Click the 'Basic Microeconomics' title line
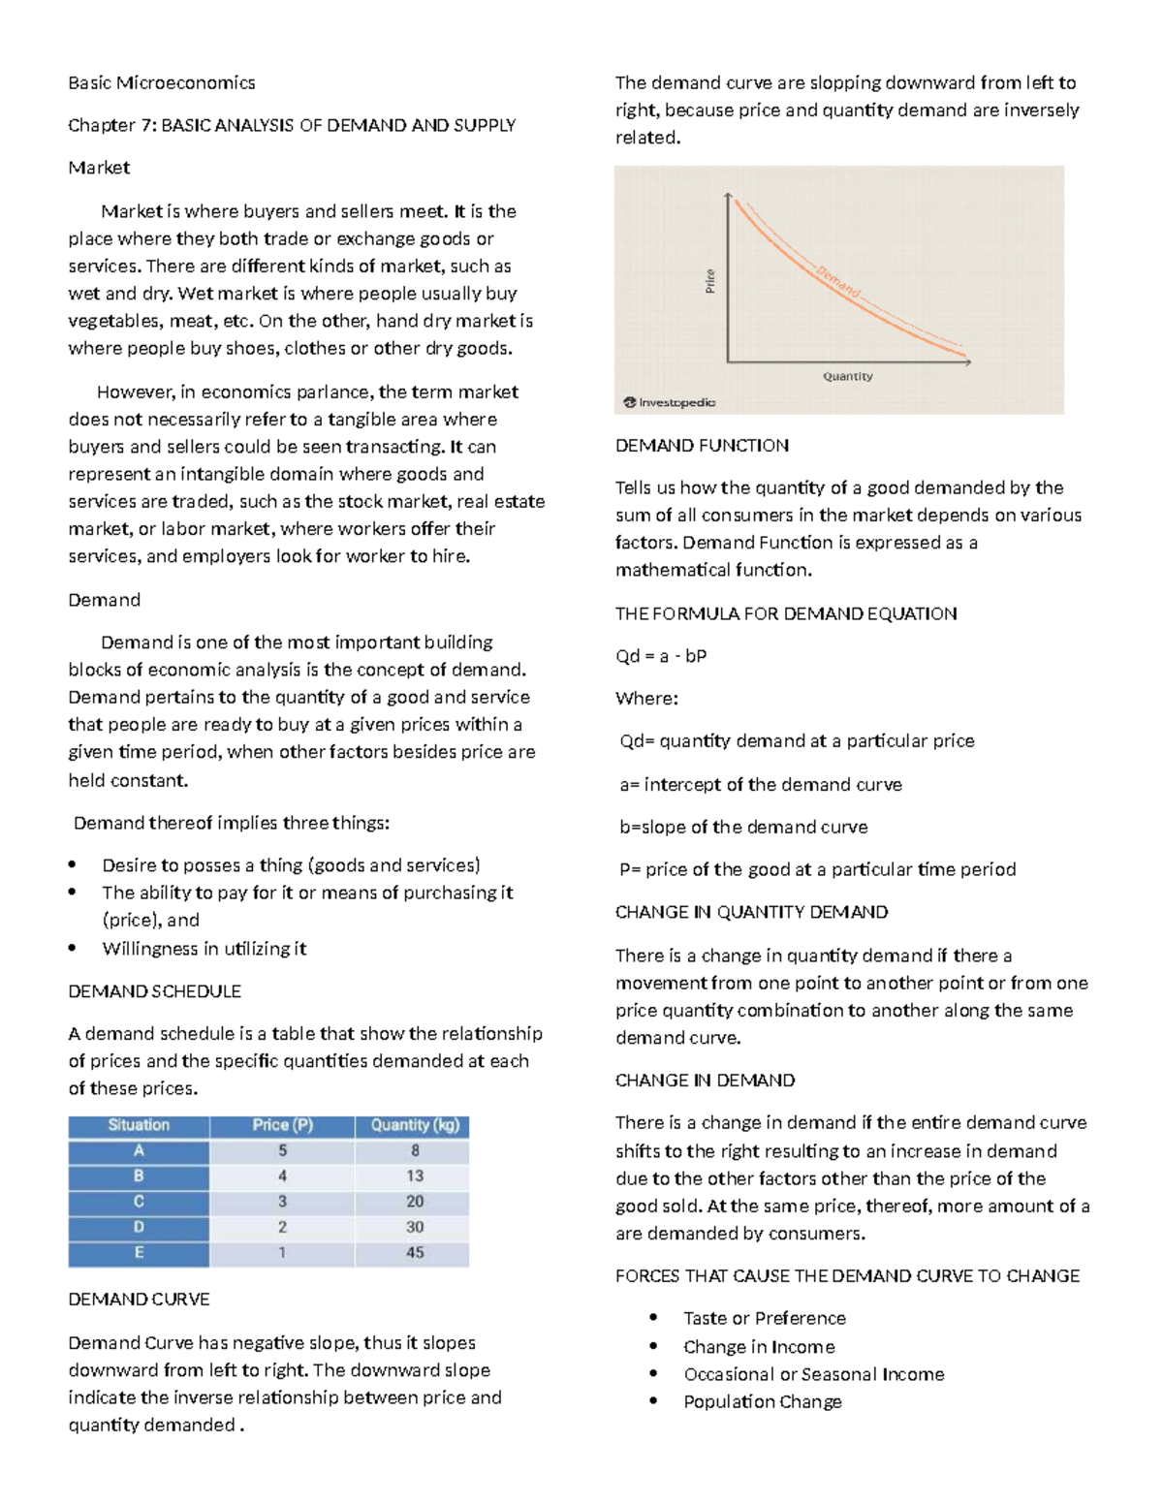[162, 83]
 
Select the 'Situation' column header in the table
[139, 1125]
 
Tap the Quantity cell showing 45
[415, 1253]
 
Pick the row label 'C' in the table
[139, 1202]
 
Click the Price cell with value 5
[282, 1151]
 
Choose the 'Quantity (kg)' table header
[415, 1125]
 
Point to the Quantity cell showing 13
[415, 1176]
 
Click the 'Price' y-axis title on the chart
[710, 281]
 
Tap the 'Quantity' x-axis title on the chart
[848, 376]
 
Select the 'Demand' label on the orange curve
[838, 281]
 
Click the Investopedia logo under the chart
[670, 402]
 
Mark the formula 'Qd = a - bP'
[661, 656]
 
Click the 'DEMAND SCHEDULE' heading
[155, 991]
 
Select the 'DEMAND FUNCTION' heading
[702, 446]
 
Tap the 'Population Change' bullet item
[763, 1402]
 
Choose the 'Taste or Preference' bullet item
[765, 1319]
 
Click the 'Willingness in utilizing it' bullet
[204, 949]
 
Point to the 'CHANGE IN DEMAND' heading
[706, 1081]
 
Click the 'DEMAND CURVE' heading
[139, 1300]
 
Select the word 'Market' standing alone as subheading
[99, 168]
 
